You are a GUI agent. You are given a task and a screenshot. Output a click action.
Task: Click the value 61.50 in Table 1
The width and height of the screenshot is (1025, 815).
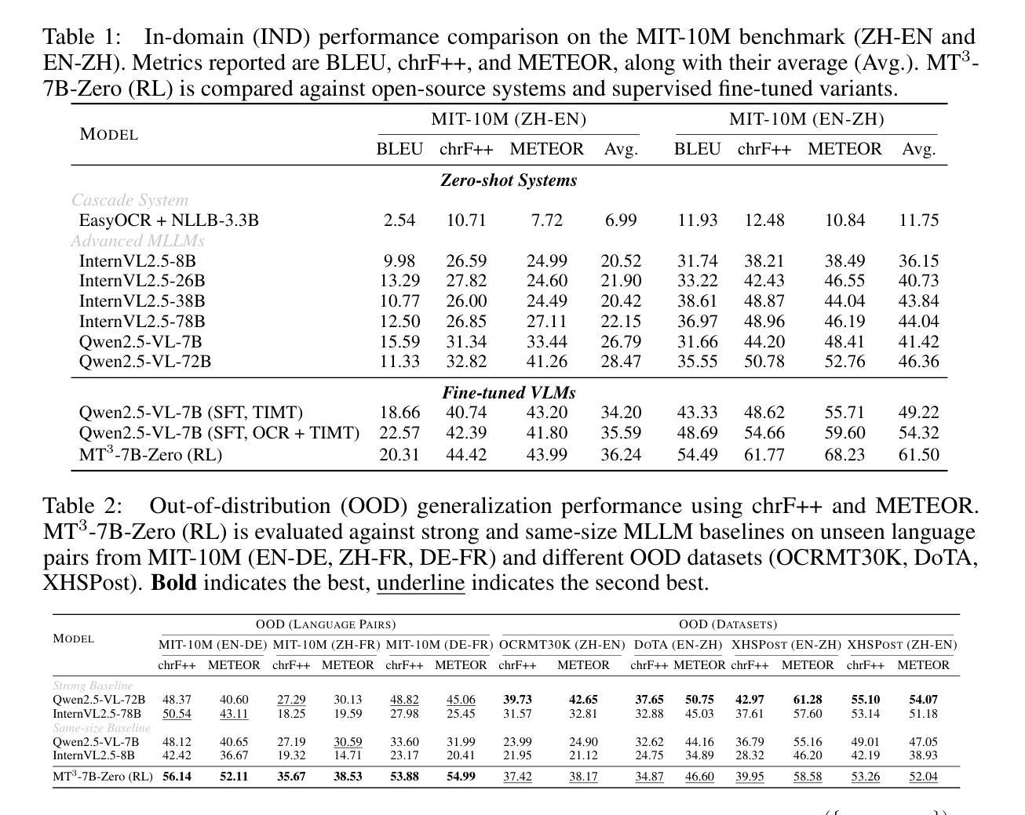coord(918,455)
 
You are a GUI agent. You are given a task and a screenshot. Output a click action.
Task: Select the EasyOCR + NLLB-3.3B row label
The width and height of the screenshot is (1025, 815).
coord(169,220)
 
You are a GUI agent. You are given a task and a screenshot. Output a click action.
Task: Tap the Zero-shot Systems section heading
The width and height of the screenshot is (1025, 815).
coord(509,180)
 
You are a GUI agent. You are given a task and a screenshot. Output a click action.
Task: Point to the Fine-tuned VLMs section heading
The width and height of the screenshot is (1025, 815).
coord(509,393)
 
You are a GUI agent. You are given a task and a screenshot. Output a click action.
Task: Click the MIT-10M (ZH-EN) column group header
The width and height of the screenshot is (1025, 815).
coord(509,119)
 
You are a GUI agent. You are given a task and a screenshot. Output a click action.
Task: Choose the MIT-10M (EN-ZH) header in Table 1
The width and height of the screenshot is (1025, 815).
coord(806,119)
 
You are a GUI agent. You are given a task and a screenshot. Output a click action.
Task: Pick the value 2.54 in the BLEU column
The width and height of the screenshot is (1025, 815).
coord(399,220)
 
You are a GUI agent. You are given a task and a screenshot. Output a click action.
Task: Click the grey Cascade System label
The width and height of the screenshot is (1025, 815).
coord(130,201)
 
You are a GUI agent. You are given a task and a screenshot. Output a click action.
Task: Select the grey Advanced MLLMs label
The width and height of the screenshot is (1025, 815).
coord(138,241)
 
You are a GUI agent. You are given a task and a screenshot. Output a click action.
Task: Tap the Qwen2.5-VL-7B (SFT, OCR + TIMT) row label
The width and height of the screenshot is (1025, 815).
coord(219,433)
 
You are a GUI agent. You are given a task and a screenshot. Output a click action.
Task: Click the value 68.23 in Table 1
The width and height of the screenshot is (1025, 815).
coord(844,455)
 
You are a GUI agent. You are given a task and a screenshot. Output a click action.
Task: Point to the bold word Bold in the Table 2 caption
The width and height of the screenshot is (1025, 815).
coord(173,584)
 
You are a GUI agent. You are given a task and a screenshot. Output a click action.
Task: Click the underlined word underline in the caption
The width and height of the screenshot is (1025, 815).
coord(421,584)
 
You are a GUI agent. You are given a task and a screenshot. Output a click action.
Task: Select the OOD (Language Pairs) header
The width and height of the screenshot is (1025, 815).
coord(326,624)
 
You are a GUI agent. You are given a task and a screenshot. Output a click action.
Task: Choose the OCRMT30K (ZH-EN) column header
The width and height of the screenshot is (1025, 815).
coord(562,645)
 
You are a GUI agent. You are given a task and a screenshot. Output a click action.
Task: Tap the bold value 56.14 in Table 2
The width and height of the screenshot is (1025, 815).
coord(177,777)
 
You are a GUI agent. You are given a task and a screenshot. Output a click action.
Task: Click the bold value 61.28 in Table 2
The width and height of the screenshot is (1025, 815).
coord(808,700)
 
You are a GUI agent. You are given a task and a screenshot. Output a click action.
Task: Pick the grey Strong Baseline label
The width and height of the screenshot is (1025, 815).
coord(93,686)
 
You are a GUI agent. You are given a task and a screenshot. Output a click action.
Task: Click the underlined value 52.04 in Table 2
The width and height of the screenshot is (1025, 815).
coord(923,777)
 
